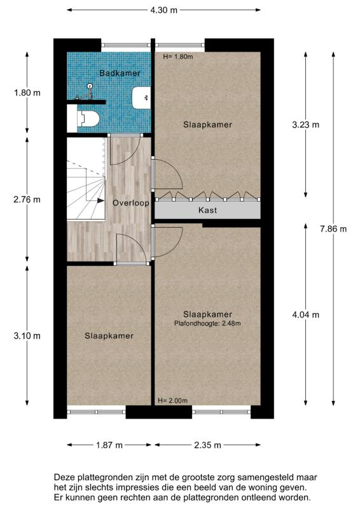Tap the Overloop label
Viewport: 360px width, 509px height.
click(130, 203)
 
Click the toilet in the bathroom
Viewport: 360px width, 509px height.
click(87, 117)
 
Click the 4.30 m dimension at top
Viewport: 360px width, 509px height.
click(163, 10)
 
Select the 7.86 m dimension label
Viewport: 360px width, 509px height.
click(334, 229)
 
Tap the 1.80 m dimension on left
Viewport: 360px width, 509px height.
click(27, 92)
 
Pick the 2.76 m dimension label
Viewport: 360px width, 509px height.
click(27, 199)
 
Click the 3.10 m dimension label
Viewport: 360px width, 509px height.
click(27, 335)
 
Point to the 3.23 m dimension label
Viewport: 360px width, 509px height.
click(305, 125)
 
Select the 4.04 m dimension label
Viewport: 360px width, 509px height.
click(305, 314)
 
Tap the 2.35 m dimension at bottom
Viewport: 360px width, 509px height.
click(207, 445)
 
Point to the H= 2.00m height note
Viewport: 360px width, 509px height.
click(172, 400)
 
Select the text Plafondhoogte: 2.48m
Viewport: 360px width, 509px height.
click(207, 323)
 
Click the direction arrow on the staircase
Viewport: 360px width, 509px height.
click(100, 200)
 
